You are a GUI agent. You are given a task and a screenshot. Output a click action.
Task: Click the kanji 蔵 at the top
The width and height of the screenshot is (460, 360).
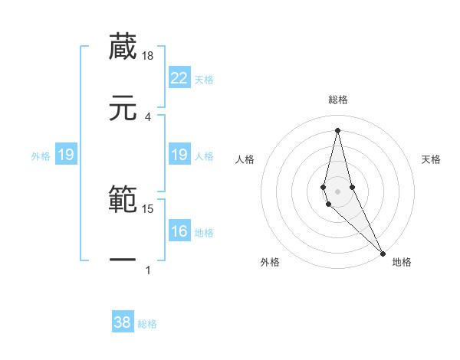pos(123,47)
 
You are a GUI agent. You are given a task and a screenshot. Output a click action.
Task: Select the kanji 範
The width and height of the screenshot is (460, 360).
pos(123,200)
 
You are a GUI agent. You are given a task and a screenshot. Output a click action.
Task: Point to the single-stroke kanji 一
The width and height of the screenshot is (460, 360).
pos(123,260)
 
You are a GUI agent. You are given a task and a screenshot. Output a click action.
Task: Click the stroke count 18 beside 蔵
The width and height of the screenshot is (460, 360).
pos(148,56)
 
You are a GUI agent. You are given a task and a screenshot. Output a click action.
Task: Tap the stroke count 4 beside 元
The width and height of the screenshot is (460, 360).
pos(148,117)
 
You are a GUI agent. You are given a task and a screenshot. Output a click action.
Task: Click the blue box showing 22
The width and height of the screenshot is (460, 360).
pos(179,77)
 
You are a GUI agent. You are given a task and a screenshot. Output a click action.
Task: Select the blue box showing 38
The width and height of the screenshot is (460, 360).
pos(123,322)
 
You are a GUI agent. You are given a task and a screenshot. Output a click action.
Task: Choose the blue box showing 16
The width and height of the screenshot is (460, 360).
pos(179,231)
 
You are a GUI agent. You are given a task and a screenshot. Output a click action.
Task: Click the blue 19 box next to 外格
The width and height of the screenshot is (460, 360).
pos(66,155)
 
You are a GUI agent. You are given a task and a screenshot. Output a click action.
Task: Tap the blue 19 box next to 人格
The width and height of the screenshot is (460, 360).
pos(179,155)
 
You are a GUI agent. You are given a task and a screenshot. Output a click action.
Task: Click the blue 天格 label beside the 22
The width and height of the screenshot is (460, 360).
pos(204,79)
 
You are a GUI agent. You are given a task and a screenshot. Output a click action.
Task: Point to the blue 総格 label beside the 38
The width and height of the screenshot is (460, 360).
pos(147,324)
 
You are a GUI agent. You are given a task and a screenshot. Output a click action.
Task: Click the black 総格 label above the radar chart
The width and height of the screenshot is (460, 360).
pos(338,100)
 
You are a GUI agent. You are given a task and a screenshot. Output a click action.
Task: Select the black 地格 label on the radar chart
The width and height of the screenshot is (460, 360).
pos(402,263)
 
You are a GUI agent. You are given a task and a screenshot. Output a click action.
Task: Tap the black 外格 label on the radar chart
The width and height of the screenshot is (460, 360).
pos(270,263)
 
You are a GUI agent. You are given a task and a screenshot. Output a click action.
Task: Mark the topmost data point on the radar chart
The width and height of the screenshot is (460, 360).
pos(337,130)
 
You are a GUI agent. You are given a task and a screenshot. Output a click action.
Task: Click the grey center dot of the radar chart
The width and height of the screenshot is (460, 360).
pos(337,191)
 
